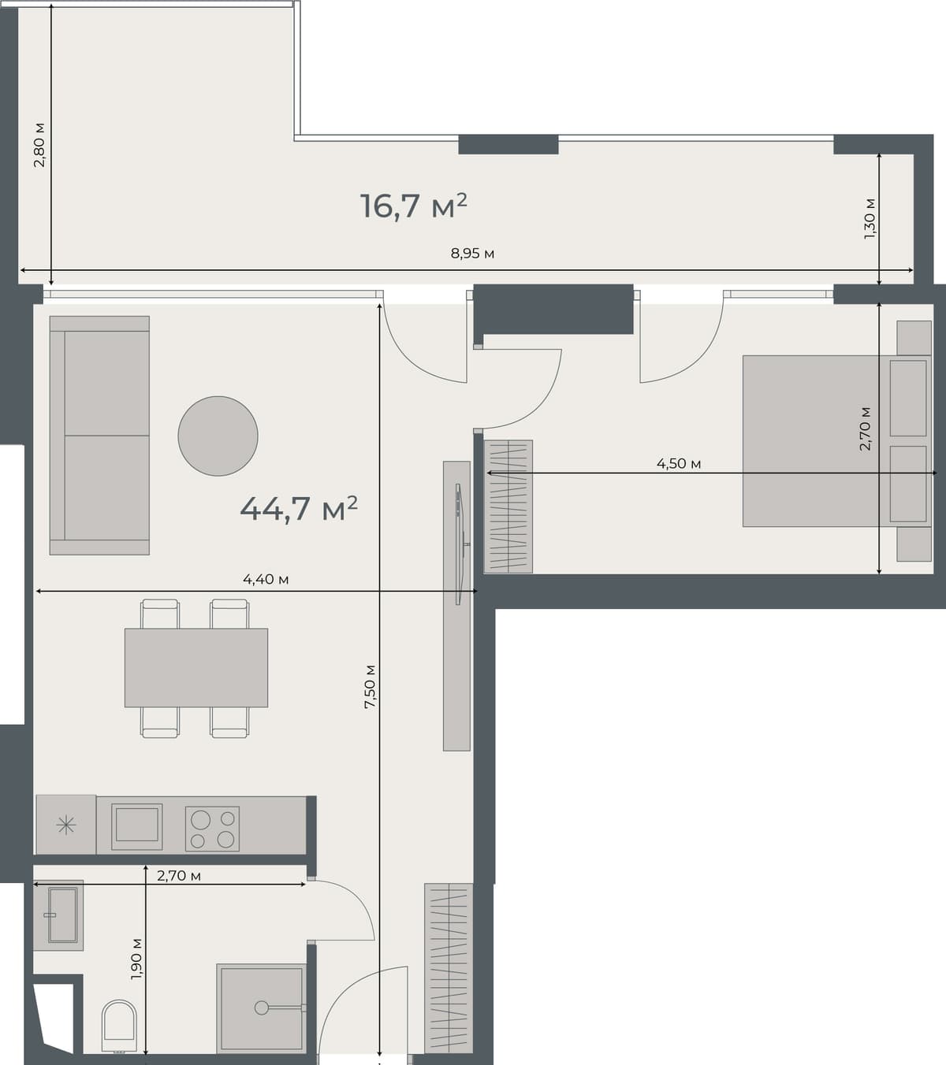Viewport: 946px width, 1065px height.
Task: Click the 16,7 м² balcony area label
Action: click(x=413, y=206)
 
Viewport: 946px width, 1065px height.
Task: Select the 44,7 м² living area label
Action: click(x=299, y=509)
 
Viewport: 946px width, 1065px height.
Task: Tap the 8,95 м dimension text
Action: click(x=472, y=254)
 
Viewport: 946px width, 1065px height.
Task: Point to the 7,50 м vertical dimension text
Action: click(x=370, y=686)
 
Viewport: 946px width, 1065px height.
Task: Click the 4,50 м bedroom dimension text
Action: click(x=679, y=464)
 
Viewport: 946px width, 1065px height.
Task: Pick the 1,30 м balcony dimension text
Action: click(x=870, y=218)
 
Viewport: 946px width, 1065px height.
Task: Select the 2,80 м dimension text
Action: click(x=39, y=145)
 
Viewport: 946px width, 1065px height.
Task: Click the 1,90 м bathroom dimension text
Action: click(x=136, y=958)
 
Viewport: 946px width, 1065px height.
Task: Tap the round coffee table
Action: click(x=218, y=436)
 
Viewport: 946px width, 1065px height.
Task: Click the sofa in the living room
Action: click(x=99, y=436)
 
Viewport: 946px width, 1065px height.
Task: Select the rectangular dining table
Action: click(x=196, y=667)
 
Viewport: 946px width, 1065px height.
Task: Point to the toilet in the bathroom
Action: click(x=119, y=1026)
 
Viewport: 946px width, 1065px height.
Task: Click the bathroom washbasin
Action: click(x=61, y=915)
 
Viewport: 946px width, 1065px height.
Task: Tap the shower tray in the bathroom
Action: click(x=261, y=1007)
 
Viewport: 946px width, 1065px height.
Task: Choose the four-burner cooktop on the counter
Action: click(x=212, y=829)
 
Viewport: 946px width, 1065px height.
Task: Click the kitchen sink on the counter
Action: click(x=137, y=826)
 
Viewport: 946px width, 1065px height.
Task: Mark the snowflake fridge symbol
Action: click(x=66, y=826)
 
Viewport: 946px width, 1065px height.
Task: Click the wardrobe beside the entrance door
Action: click(x=449, y=968)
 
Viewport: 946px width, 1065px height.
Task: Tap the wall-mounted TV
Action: click(x=459, y=544)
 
